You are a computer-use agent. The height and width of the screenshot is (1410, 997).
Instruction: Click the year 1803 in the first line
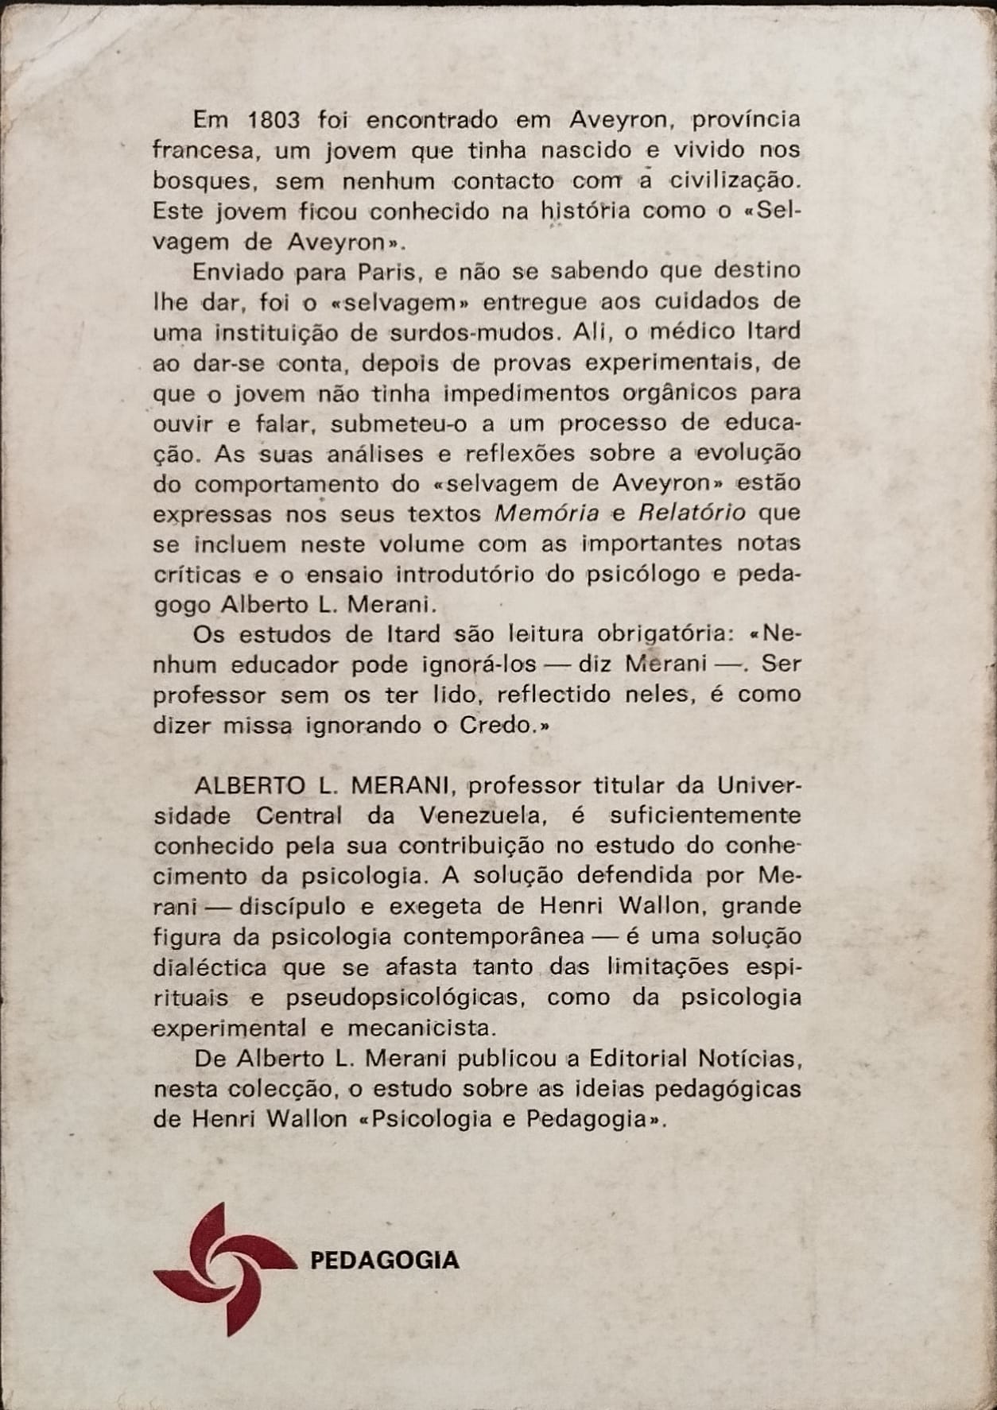[x=273, y=120]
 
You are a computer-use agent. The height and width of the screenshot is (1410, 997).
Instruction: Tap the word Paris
[x=386, y=271]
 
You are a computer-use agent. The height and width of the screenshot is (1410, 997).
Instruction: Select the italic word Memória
[x=546, y=513]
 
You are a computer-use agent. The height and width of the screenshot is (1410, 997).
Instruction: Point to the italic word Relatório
[x=692, y=513]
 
